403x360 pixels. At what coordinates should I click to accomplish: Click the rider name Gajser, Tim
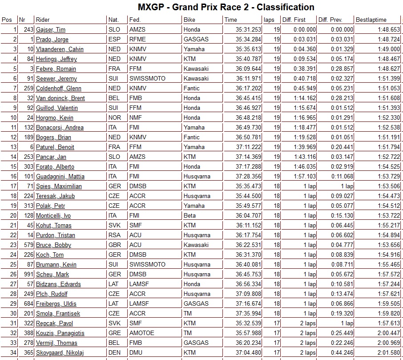click(x=51, y=30)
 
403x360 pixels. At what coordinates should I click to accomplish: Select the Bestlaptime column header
click(x=371, y=20)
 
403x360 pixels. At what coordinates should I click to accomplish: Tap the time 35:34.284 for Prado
click(x=242, y=40)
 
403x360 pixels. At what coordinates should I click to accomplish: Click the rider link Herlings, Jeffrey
click(x=56, y=59)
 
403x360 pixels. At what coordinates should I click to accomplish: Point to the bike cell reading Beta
click(x=189, y=216)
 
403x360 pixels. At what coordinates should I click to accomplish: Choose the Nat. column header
click(x=113, y=20)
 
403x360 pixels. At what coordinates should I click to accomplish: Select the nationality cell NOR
click(x=114, y=118)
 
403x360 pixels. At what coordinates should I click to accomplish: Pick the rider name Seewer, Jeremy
click(x=56, y=79)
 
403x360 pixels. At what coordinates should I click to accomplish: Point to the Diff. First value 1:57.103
click(x=305, y=177)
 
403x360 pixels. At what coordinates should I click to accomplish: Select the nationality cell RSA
click(x=114, y=235)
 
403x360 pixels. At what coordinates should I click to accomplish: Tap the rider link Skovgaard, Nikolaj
click(x=60, y=353)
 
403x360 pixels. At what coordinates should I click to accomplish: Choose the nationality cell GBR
click(x=114, y=245)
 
